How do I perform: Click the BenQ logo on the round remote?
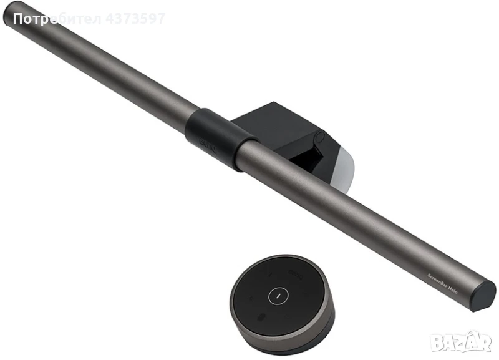tap(296, 273)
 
